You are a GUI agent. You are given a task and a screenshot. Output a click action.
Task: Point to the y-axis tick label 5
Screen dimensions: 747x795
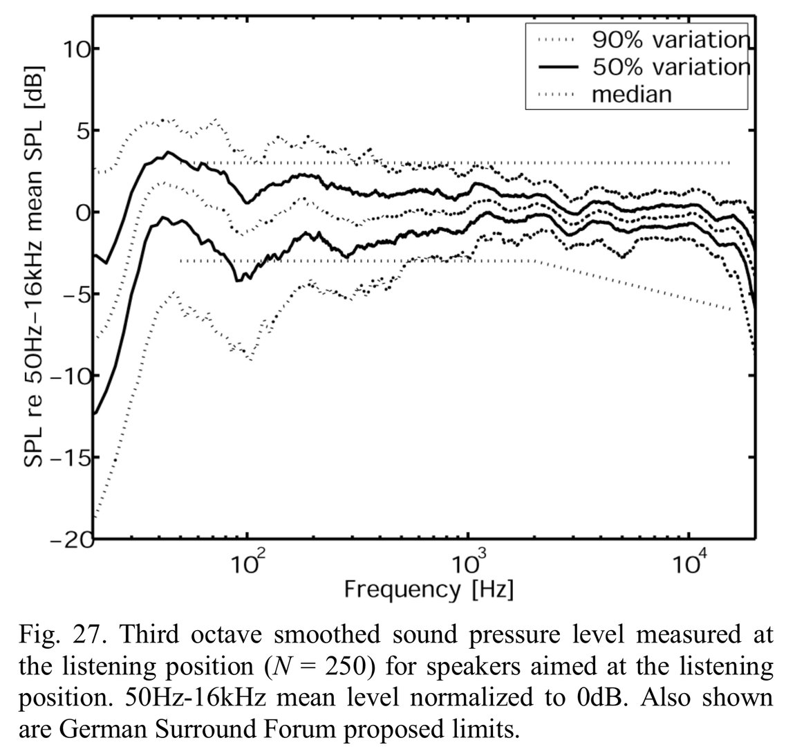point(80,130)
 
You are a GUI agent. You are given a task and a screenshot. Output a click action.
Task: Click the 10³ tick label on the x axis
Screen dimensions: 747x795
point(467,562)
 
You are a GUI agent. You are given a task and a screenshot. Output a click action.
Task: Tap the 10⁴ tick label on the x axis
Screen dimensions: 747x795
point(689,562)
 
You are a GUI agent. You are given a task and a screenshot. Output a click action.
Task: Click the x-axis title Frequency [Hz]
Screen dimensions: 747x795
point(429,589)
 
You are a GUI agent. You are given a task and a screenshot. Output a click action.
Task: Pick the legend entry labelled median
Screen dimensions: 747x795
point(631,93)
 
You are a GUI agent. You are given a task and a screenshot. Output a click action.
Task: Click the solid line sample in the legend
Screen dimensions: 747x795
point(556,67)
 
